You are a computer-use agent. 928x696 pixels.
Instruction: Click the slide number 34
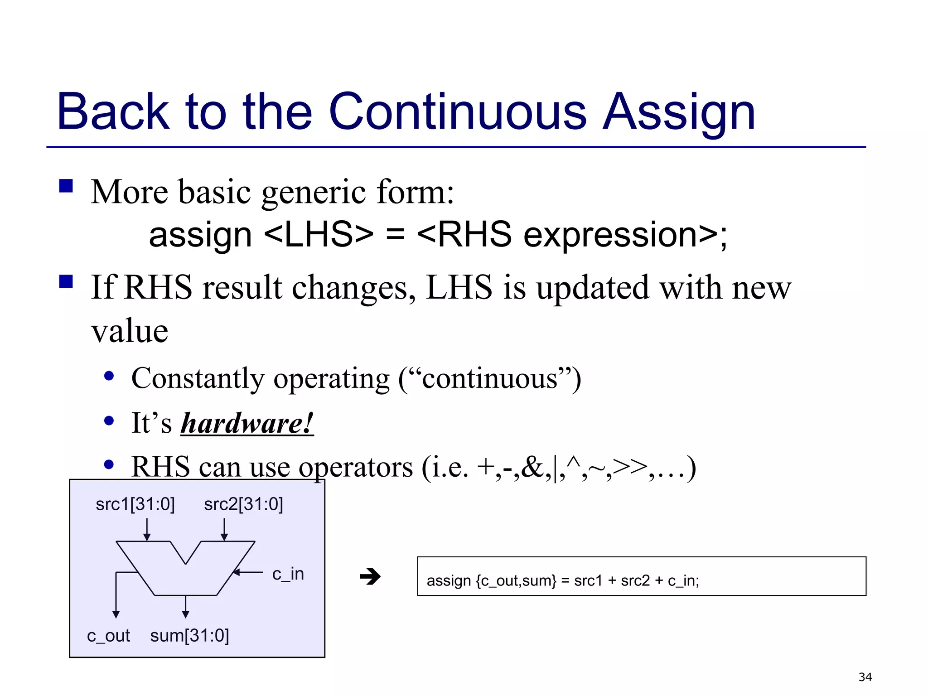(x=865, y=677)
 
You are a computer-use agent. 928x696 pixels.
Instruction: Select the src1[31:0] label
(x=135, y=504)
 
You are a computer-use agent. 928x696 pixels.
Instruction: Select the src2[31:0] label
(x=243, y=504)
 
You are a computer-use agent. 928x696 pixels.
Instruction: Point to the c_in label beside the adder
(x=288, y=574)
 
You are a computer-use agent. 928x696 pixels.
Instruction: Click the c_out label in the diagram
(x=108, y=636)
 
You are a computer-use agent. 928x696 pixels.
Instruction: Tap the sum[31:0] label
(x=189, y=636)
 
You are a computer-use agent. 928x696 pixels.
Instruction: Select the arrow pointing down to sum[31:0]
(x=185, y=607)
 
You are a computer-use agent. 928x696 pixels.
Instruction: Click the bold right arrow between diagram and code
(x=370, y=577)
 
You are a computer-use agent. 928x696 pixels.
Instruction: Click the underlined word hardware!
(x=247, y=424)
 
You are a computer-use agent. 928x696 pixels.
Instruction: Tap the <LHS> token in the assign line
(x=319, y=235)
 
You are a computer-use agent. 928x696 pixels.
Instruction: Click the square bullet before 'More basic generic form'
(x=66, y=186)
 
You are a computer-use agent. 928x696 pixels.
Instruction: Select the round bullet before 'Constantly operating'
(x=109, y=376)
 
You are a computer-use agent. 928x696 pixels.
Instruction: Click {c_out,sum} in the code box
(x=516, y=580)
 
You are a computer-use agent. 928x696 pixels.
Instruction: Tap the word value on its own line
(x=130, y=331)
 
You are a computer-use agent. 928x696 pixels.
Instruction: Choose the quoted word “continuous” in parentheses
(x=490, y=379)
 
